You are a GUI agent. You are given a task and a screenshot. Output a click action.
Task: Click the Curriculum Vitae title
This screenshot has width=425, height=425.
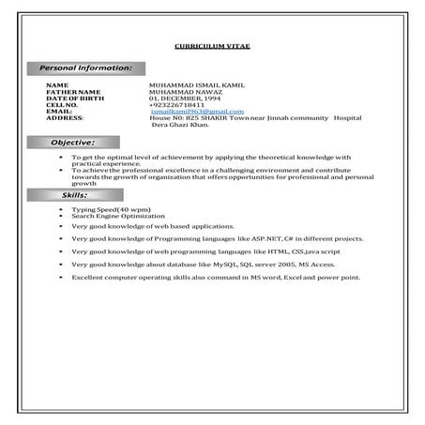[x=212, y=45]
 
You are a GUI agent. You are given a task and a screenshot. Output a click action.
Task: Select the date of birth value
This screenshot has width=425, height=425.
[x=185, y=98]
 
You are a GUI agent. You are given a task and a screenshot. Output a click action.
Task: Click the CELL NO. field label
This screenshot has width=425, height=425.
[x=63, y=104]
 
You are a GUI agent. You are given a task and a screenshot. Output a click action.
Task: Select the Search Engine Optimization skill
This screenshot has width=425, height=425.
[x=111, y=215]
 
